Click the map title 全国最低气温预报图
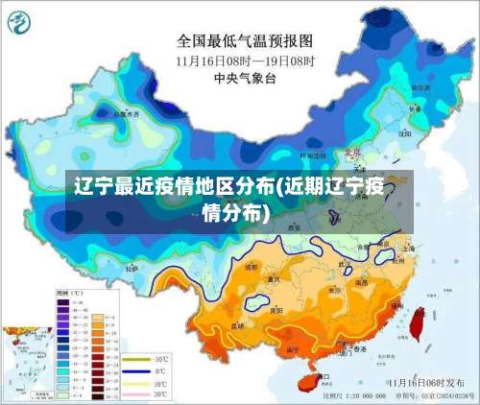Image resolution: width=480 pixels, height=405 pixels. point(246,41)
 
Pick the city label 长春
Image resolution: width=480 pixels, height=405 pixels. point(415,108)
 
